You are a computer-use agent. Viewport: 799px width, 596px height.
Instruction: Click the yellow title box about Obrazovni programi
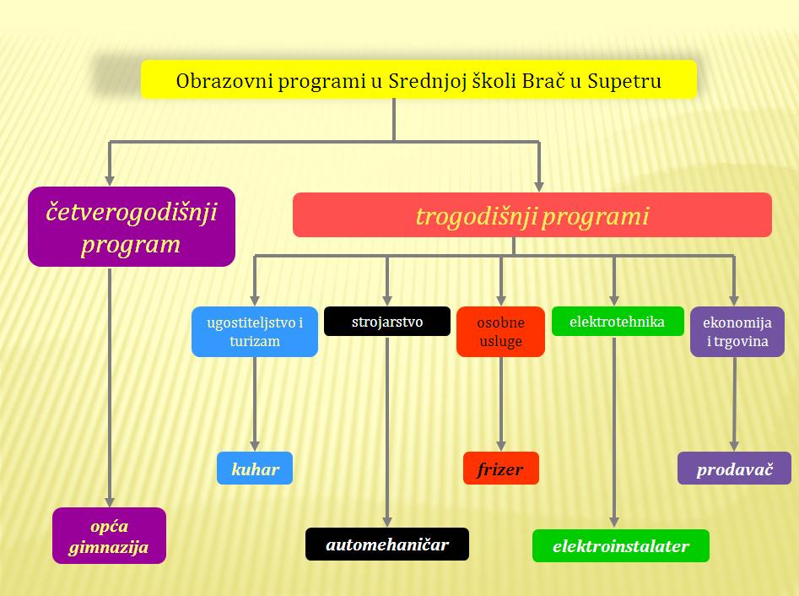tap(418, 79)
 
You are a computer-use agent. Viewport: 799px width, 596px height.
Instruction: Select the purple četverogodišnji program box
tap(132, 227)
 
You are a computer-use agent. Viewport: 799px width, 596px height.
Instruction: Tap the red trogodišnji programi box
tap(532, 214)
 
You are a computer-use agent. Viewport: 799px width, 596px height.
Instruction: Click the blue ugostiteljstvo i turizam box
tap(255, 332)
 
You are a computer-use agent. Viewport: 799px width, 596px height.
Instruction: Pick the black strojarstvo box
tap(387, 321)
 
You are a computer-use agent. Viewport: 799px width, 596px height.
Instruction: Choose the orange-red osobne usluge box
tap(500, 332)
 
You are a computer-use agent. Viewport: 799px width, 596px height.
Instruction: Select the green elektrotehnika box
tap(618, 321)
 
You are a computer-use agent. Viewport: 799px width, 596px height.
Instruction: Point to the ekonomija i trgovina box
tap(737, 332)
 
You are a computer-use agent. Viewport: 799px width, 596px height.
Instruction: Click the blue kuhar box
tap(255, 468)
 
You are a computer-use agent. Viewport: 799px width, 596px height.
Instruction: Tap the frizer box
tap(501, 468)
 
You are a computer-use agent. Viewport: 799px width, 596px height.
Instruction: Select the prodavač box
tap(734, 468)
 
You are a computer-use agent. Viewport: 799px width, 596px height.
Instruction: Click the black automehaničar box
tap(387, 544)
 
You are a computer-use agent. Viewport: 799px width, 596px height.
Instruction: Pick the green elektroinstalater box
tap(621, 545)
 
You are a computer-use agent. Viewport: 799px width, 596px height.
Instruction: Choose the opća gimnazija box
tap(109, 535)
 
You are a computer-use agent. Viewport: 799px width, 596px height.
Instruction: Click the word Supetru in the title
tap(624, 81)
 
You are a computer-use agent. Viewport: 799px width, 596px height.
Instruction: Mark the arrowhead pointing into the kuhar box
tap(255, 446)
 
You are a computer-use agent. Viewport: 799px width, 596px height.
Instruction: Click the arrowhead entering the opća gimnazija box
tap(109, 501)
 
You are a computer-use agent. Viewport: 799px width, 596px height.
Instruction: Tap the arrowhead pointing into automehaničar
tap(387, 522)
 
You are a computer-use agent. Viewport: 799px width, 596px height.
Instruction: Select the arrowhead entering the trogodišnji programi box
tap(538, 187)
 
